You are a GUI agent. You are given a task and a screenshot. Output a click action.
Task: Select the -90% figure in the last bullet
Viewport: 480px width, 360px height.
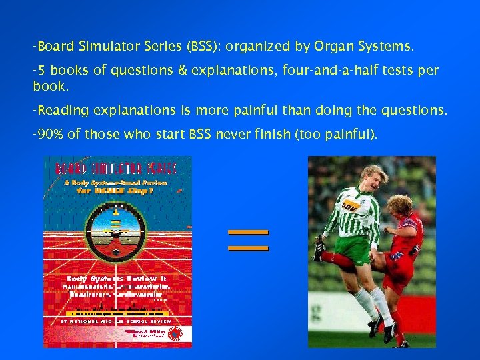pyautogui.click(x=48, y=135)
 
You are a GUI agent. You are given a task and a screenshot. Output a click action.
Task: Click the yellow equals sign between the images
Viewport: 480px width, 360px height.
pyautogui.click(x=248, y=240)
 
